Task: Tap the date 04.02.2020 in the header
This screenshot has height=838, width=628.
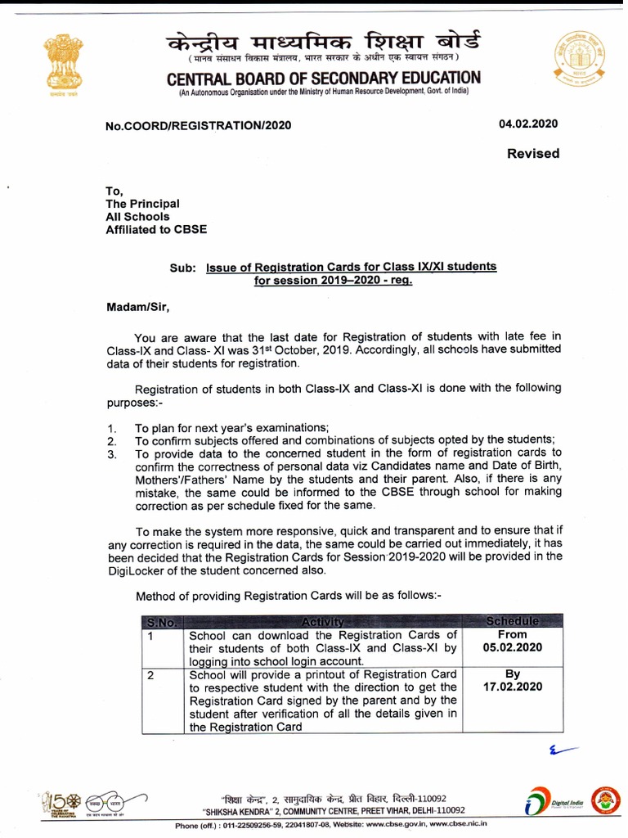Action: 528,124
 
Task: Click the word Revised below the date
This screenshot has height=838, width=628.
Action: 533,153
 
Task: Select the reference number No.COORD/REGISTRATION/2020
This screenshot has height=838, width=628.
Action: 198,126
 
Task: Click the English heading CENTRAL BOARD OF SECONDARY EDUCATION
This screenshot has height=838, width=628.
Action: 324,79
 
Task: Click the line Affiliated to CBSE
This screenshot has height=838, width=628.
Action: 156,229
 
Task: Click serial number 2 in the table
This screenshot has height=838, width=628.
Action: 150,675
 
